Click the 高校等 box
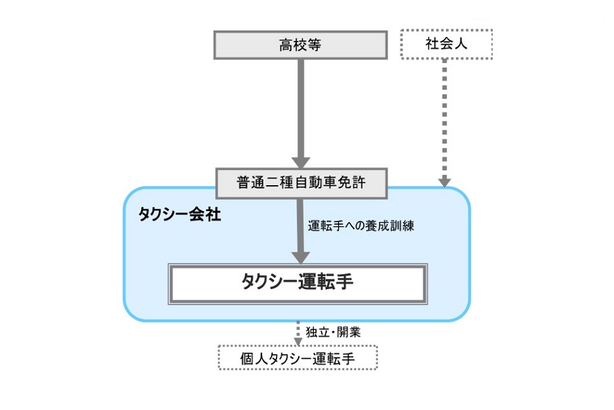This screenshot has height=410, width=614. click(300, 45)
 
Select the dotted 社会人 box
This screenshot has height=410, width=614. click(445, 45)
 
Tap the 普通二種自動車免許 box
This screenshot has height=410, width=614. click(301, 182)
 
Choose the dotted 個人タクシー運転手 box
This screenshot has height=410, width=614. click(297, 357)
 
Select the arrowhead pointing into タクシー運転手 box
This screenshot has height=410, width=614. click(298, 258)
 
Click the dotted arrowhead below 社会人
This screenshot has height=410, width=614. click(445, 181)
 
